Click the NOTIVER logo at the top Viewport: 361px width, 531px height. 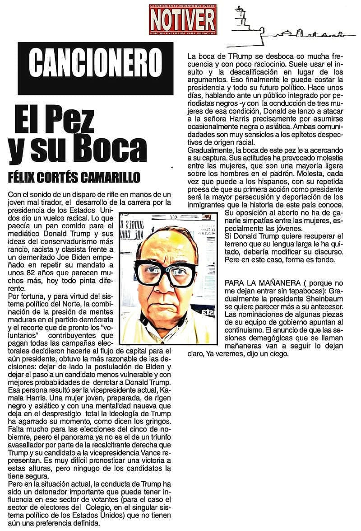click(x=183, y=19)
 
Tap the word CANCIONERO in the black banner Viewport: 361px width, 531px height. click(x=95, y=61)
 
